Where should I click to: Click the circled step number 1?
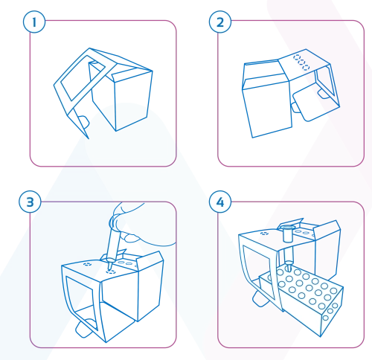[34, 22]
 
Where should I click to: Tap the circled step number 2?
[220, 22]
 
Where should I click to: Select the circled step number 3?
[30, 202]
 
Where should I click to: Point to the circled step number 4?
[220, 202]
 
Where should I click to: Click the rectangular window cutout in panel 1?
[83, 78]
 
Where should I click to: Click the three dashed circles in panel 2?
[301, 61]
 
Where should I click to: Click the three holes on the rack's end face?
[330, 312]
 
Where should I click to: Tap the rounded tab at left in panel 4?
[258, 298]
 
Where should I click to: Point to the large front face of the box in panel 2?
[268, 109]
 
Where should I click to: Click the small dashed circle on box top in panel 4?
[265, 233]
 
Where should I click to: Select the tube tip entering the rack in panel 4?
[288, 268]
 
